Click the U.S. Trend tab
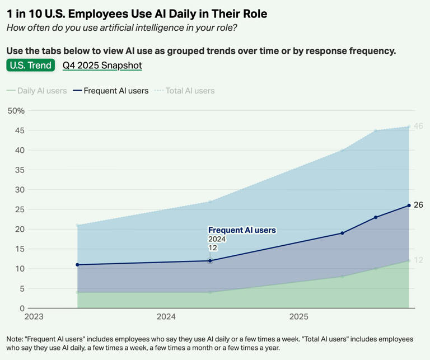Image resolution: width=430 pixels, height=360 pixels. (31, 66)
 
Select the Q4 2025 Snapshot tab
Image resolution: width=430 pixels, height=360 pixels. (102, 66)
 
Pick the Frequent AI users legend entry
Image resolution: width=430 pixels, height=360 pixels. (110, 91)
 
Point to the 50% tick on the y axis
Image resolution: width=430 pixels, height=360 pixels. (16, 111)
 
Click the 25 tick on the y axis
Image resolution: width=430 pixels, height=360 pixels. (20, 209)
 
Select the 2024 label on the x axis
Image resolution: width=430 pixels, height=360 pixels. (166, 317)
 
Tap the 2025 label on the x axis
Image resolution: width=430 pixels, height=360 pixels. (299, 317)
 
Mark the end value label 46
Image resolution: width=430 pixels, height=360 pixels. (418, 126)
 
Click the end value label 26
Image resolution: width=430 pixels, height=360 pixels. (418, 205)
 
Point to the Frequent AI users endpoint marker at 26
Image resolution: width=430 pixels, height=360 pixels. (409, 205)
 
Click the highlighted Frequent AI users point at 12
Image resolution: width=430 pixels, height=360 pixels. (210, 261)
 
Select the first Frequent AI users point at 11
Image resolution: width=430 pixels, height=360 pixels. (77, 265)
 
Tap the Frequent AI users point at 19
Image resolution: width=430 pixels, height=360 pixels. (342, 233)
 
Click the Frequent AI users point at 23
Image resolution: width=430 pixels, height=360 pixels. (376, 217)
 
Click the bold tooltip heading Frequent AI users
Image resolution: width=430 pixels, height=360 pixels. (242, 230)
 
